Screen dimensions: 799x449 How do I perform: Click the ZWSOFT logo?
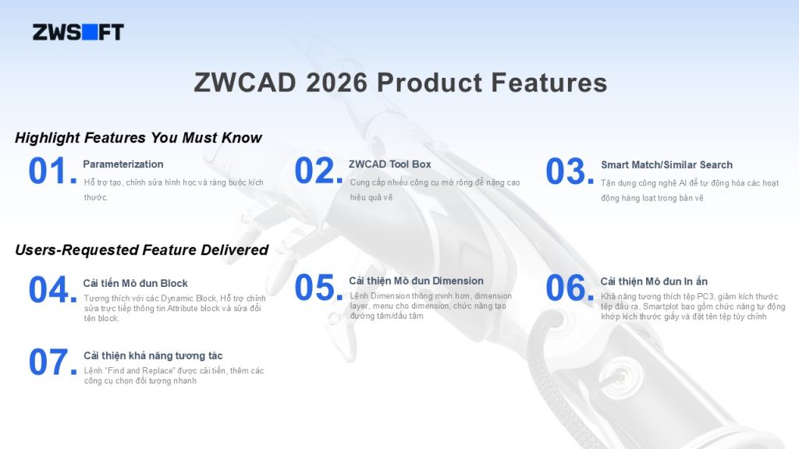78,32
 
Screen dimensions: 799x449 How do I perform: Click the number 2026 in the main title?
336,83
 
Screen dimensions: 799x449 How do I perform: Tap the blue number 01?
52,171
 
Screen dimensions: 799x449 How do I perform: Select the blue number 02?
318,171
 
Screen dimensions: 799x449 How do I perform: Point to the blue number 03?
570,171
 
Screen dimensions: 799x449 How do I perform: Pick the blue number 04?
52,290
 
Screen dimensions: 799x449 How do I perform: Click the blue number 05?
318,288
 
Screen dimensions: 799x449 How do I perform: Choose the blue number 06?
570,288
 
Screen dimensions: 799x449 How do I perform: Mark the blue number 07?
52,362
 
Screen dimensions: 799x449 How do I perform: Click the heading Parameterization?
123,164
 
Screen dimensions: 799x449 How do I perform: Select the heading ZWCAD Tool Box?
390,164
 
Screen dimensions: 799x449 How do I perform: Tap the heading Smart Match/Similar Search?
666,165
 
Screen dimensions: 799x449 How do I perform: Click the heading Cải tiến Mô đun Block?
136,283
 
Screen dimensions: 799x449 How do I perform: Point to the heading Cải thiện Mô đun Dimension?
417,281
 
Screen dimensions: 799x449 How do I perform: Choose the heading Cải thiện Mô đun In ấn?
654,281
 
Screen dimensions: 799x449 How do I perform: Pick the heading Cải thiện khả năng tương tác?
154,355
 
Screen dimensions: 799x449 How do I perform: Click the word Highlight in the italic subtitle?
48,138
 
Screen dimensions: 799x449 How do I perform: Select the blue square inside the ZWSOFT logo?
90,32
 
